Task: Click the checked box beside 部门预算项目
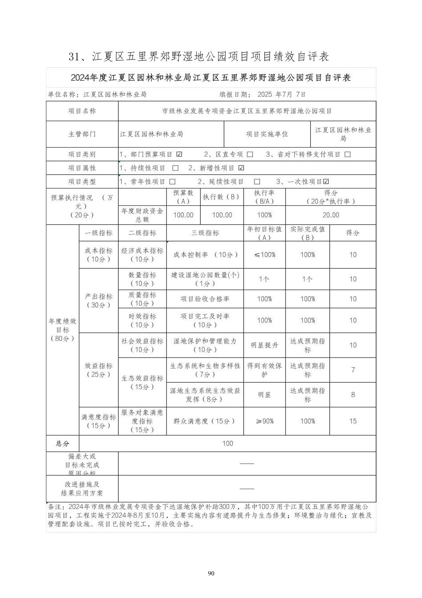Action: tap(179, 154)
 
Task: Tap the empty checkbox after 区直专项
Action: tap(250, 154)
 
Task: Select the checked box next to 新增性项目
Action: tap(241, 168)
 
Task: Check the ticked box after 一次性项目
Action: tap(326, 181)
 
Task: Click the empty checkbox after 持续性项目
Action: tap(175, 168)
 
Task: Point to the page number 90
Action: tap(211, 573)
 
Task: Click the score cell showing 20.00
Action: tap(330, 215)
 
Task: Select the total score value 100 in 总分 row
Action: tap(228, 443)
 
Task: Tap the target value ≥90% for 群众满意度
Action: tap(264, 421)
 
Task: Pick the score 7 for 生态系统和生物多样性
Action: tap(353, 370)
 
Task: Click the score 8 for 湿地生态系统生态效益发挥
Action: tap(353, 395)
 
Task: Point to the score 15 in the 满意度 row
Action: tap(353, 421)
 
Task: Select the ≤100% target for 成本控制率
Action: tap(264, 255)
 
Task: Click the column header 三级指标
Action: tap(205, 233)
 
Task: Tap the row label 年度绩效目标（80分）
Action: tap(62, 330)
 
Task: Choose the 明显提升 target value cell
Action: tap(264, 345)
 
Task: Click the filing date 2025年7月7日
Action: tap(281, 94)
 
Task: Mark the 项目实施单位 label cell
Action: tap(267, 134)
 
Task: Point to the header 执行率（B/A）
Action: tap(264, 197)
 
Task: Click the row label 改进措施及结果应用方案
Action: tap(82, 489)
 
